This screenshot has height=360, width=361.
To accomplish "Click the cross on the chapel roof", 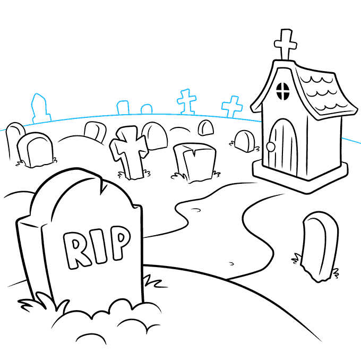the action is (285, 44).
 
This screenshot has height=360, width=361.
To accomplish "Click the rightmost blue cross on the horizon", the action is (233, 107).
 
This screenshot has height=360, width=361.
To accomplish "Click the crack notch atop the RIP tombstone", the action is (100, 184).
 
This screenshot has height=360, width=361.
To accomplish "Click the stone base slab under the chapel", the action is (300, 176).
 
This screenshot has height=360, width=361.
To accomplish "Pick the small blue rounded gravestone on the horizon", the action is (147, 109).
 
